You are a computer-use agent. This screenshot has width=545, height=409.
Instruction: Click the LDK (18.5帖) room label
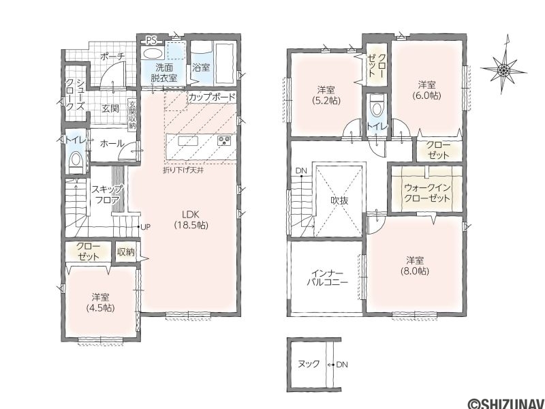pos(191,219)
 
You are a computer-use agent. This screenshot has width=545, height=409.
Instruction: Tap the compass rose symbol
pos(503,69)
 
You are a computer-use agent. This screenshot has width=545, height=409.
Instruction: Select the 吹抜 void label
pos(339,200)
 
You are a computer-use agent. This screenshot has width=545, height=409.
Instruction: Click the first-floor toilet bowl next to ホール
pos(75,162)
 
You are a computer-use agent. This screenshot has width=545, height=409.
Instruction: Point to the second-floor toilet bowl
pos(376,107)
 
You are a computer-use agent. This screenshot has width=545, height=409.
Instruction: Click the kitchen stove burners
pos(224,141)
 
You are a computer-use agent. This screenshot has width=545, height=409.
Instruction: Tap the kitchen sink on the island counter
pos(188,141)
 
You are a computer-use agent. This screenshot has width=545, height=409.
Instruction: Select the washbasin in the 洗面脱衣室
pos(152,53)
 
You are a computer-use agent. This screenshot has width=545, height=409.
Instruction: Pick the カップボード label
pos(212,97)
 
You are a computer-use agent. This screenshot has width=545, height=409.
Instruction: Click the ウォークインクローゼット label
pos(427,193)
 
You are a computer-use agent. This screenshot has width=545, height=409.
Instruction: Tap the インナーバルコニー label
pos(327,277)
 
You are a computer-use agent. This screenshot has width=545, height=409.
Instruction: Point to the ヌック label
pos(309,364)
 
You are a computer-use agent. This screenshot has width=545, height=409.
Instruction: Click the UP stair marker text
pos(145,227)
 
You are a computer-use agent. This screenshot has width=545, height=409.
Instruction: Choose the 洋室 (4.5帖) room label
pos(101,303)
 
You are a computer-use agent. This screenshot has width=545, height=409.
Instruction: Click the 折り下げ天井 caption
pos(183,170)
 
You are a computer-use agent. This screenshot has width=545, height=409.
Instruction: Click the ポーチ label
pos(112,57)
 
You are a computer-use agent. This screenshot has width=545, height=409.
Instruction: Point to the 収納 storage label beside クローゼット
pos(126,252)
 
